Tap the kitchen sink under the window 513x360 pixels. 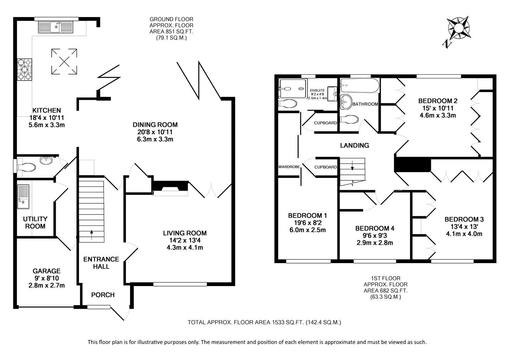[56, 27]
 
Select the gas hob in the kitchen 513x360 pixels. [25, 69]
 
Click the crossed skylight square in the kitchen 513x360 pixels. [64, 61]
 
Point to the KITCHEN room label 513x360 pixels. [47, 111]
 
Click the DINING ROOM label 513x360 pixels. [155, 125]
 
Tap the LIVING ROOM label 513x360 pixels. [185, 233]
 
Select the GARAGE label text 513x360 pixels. [47, 271]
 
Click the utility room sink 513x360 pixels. [23, 197]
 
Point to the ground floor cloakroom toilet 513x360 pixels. [26, 167]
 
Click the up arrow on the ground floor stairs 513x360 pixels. [92, 235]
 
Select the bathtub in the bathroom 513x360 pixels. [359, 86]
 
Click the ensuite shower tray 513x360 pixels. [293, 89]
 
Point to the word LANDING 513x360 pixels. [355, 145]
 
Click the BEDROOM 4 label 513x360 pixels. [375, 228]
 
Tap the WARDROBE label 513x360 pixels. [289, 167]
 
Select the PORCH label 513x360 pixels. [103, 295]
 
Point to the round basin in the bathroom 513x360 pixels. [346, 102]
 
